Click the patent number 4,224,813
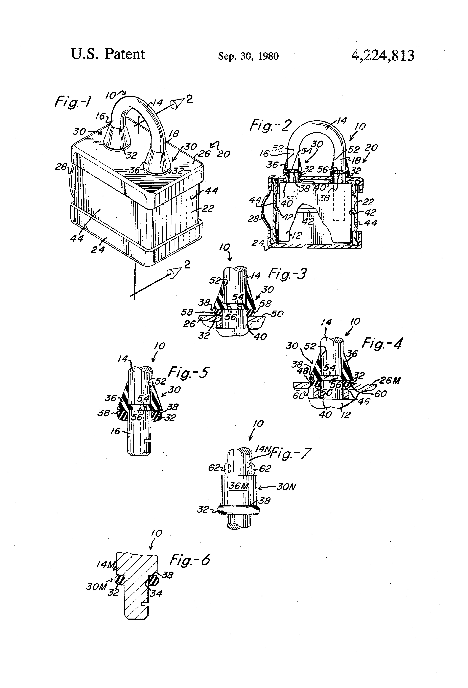(x=383, y=55)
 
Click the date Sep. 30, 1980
(x=248, y=56)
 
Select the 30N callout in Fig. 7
(x=286, y=487)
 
